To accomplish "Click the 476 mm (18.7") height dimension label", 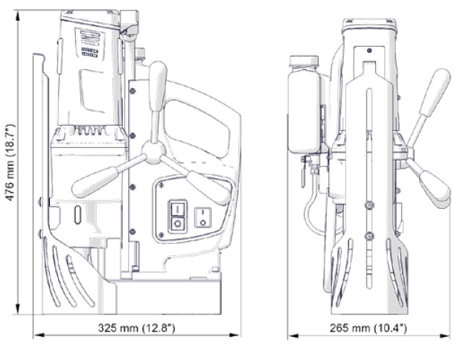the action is pos(10,162).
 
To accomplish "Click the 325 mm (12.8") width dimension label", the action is pos(136,328).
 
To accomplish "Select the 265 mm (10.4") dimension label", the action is pos(368,328).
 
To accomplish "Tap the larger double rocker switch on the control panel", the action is pos(177,216).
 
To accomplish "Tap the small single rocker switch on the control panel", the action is pos(202,217).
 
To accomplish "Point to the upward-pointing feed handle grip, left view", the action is pos(158,86).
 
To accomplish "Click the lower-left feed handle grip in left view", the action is pos(96,181).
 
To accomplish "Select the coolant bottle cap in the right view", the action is pos(304,61).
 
